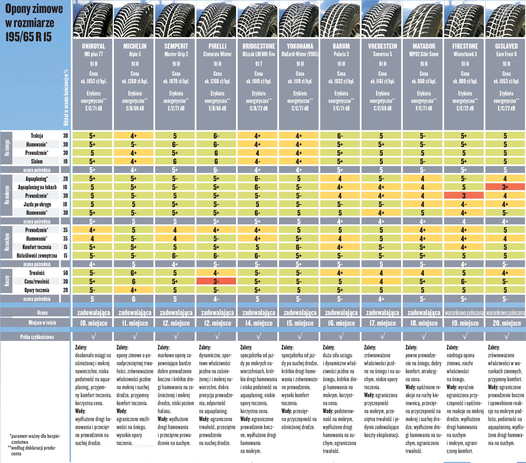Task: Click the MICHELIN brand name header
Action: [135, 46]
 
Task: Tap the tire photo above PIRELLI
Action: [217, 19]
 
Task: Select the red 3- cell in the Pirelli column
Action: [216, 281]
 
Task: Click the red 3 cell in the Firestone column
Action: [464, 196]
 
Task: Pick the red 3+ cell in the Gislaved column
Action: [505, 187]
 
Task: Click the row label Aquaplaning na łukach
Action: [37, 187]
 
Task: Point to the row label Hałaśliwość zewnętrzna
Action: [37, 256]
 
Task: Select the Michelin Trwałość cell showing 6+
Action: [134, 273]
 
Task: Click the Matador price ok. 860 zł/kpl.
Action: [424, 81]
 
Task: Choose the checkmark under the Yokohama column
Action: [300, 336]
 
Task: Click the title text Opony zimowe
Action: [34, 9]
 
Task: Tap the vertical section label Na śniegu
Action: [7, 148]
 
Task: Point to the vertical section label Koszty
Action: [7, 281]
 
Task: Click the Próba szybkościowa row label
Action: [37, 337]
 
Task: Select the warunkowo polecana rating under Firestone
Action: [464, 313]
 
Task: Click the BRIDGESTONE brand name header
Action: [259, 46]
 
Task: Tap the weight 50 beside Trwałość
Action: [65, 273]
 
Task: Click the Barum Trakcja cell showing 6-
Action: [340, 136]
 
